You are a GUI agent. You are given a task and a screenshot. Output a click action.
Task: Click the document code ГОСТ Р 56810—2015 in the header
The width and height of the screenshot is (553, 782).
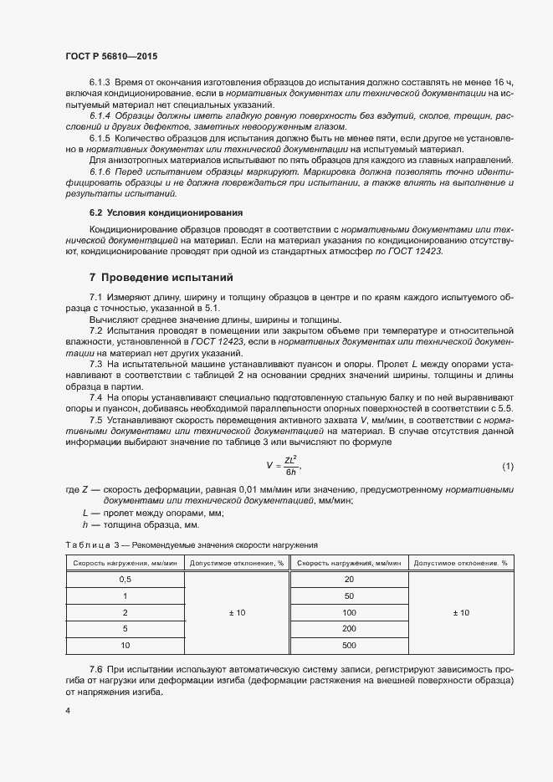coord(110,56)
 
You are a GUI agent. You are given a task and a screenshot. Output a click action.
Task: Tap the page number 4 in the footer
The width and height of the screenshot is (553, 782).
coord(67,711)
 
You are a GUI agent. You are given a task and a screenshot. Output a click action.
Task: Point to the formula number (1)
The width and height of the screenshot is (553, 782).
coord(507,465)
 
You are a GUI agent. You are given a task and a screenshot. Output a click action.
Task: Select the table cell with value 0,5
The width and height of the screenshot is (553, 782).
coord(125,579)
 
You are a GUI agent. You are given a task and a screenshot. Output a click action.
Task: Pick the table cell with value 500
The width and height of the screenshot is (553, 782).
coord(349,645)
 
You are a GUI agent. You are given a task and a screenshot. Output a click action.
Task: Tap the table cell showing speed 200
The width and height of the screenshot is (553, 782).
coord(349,628)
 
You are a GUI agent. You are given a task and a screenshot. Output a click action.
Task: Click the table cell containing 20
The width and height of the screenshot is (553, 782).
coord(349,579)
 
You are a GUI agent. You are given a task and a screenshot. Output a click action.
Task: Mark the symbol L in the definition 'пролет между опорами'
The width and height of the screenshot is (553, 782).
coord(85,512)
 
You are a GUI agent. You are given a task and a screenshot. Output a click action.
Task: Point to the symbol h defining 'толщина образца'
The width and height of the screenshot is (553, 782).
coord(85,524)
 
